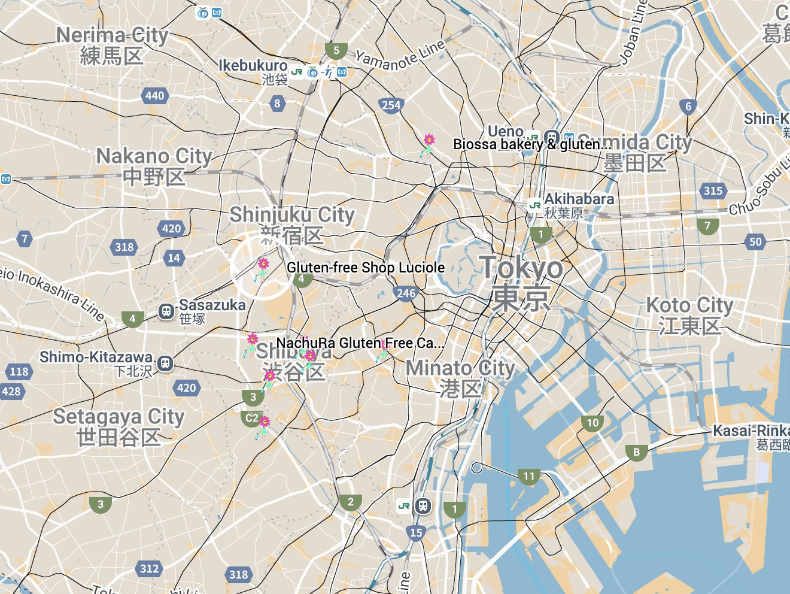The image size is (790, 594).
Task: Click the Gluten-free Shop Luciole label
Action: (x=366, y=268)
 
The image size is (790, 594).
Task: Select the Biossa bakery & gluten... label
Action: (x=531, y=144)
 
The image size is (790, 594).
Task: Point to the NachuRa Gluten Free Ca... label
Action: (x=360, y=343)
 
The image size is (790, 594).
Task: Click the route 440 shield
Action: (x=154, y=96)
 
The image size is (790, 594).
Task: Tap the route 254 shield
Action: (x=391, y=105)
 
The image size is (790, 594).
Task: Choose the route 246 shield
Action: (x=406, y=293)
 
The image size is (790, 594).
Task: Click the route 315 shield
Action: (x=712, y=191)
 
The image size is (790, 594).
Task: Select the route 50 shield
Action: (x=755, y=242)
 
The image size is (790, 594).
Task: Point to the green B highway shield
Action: (x=636, y=453)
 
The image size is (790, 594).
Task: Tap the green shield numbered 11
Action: (x=529, y=477)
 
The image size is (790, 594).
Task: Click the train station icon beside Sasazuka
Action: (x=166, y=311)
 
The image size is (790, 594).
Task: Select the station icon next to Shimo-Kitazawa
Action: (x=165, y=363)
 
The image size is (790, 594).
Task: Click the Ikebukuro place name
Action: (x=253, y=65)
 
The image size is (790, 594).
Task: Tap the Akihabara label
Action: (x=579, y=199)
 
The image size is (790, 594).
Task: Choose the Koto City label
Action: (x=689, y=305)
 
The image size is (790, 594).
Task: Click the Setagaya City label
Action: (x=118, y=416)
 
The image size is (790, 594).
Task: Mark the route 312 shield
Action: (x=149, y=568)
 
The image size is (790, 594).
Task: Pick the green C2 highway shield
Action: (x=252, y=418)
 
